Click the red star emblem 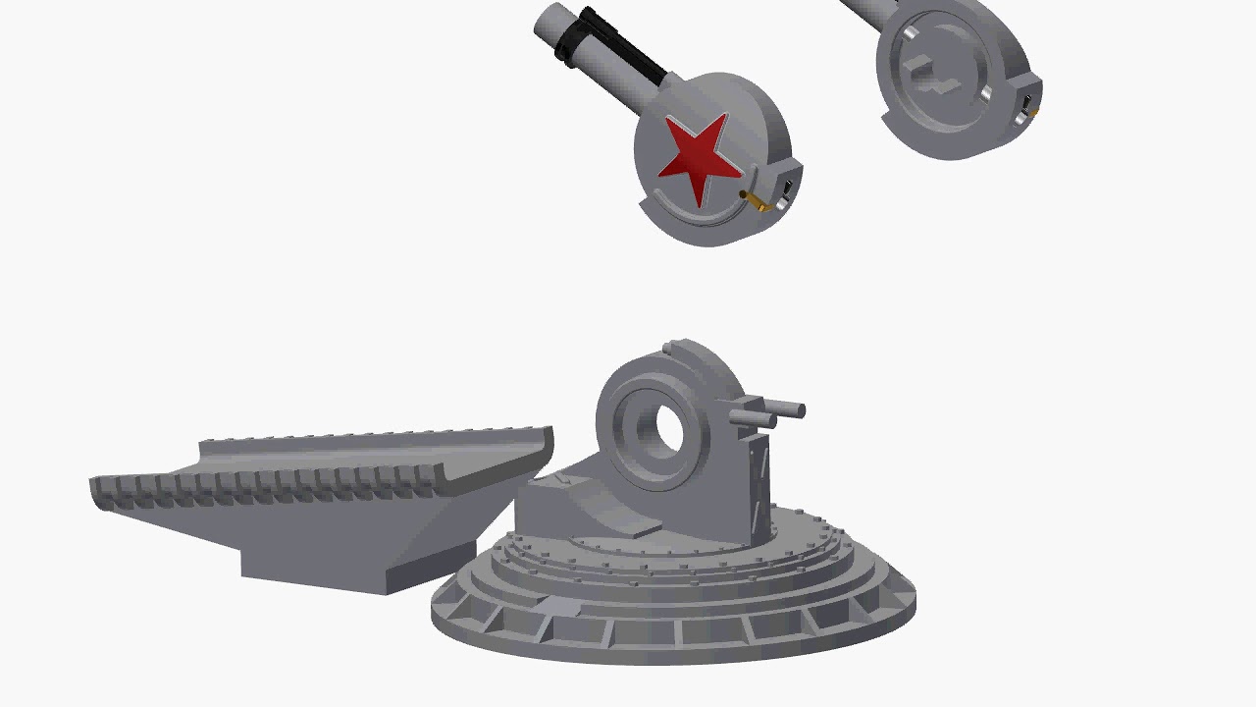699,157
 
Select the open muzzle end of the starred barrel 547,22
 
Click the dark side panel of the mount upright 757,481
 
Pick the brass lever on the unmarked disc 1032,115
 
